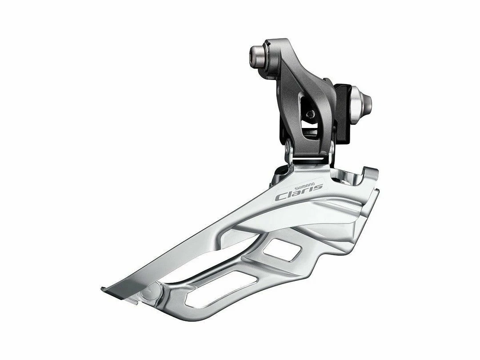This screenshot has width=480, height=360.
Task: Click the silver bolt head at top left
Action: [258, 54]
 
